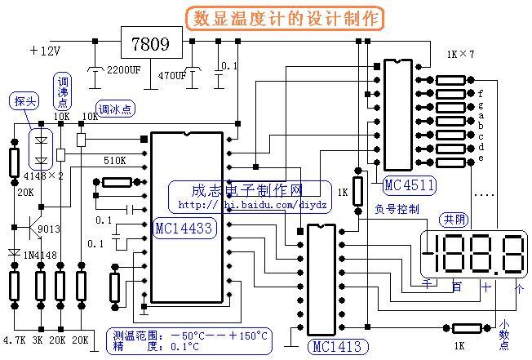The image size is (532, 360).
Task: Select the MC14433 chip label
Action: [x=184, y=228]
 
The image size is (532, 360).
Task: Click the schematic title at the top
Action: [x=287, y=18]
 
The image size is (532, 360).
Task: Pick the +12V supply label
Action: [x=47, y=51]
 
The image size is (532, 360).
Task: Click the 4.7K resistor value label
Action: [x=16, y=338]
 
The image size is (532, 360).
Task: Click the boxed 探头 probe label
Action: [x=24, y=101]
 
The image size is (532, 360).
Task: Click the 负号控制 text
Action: [x=397, y=209]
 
